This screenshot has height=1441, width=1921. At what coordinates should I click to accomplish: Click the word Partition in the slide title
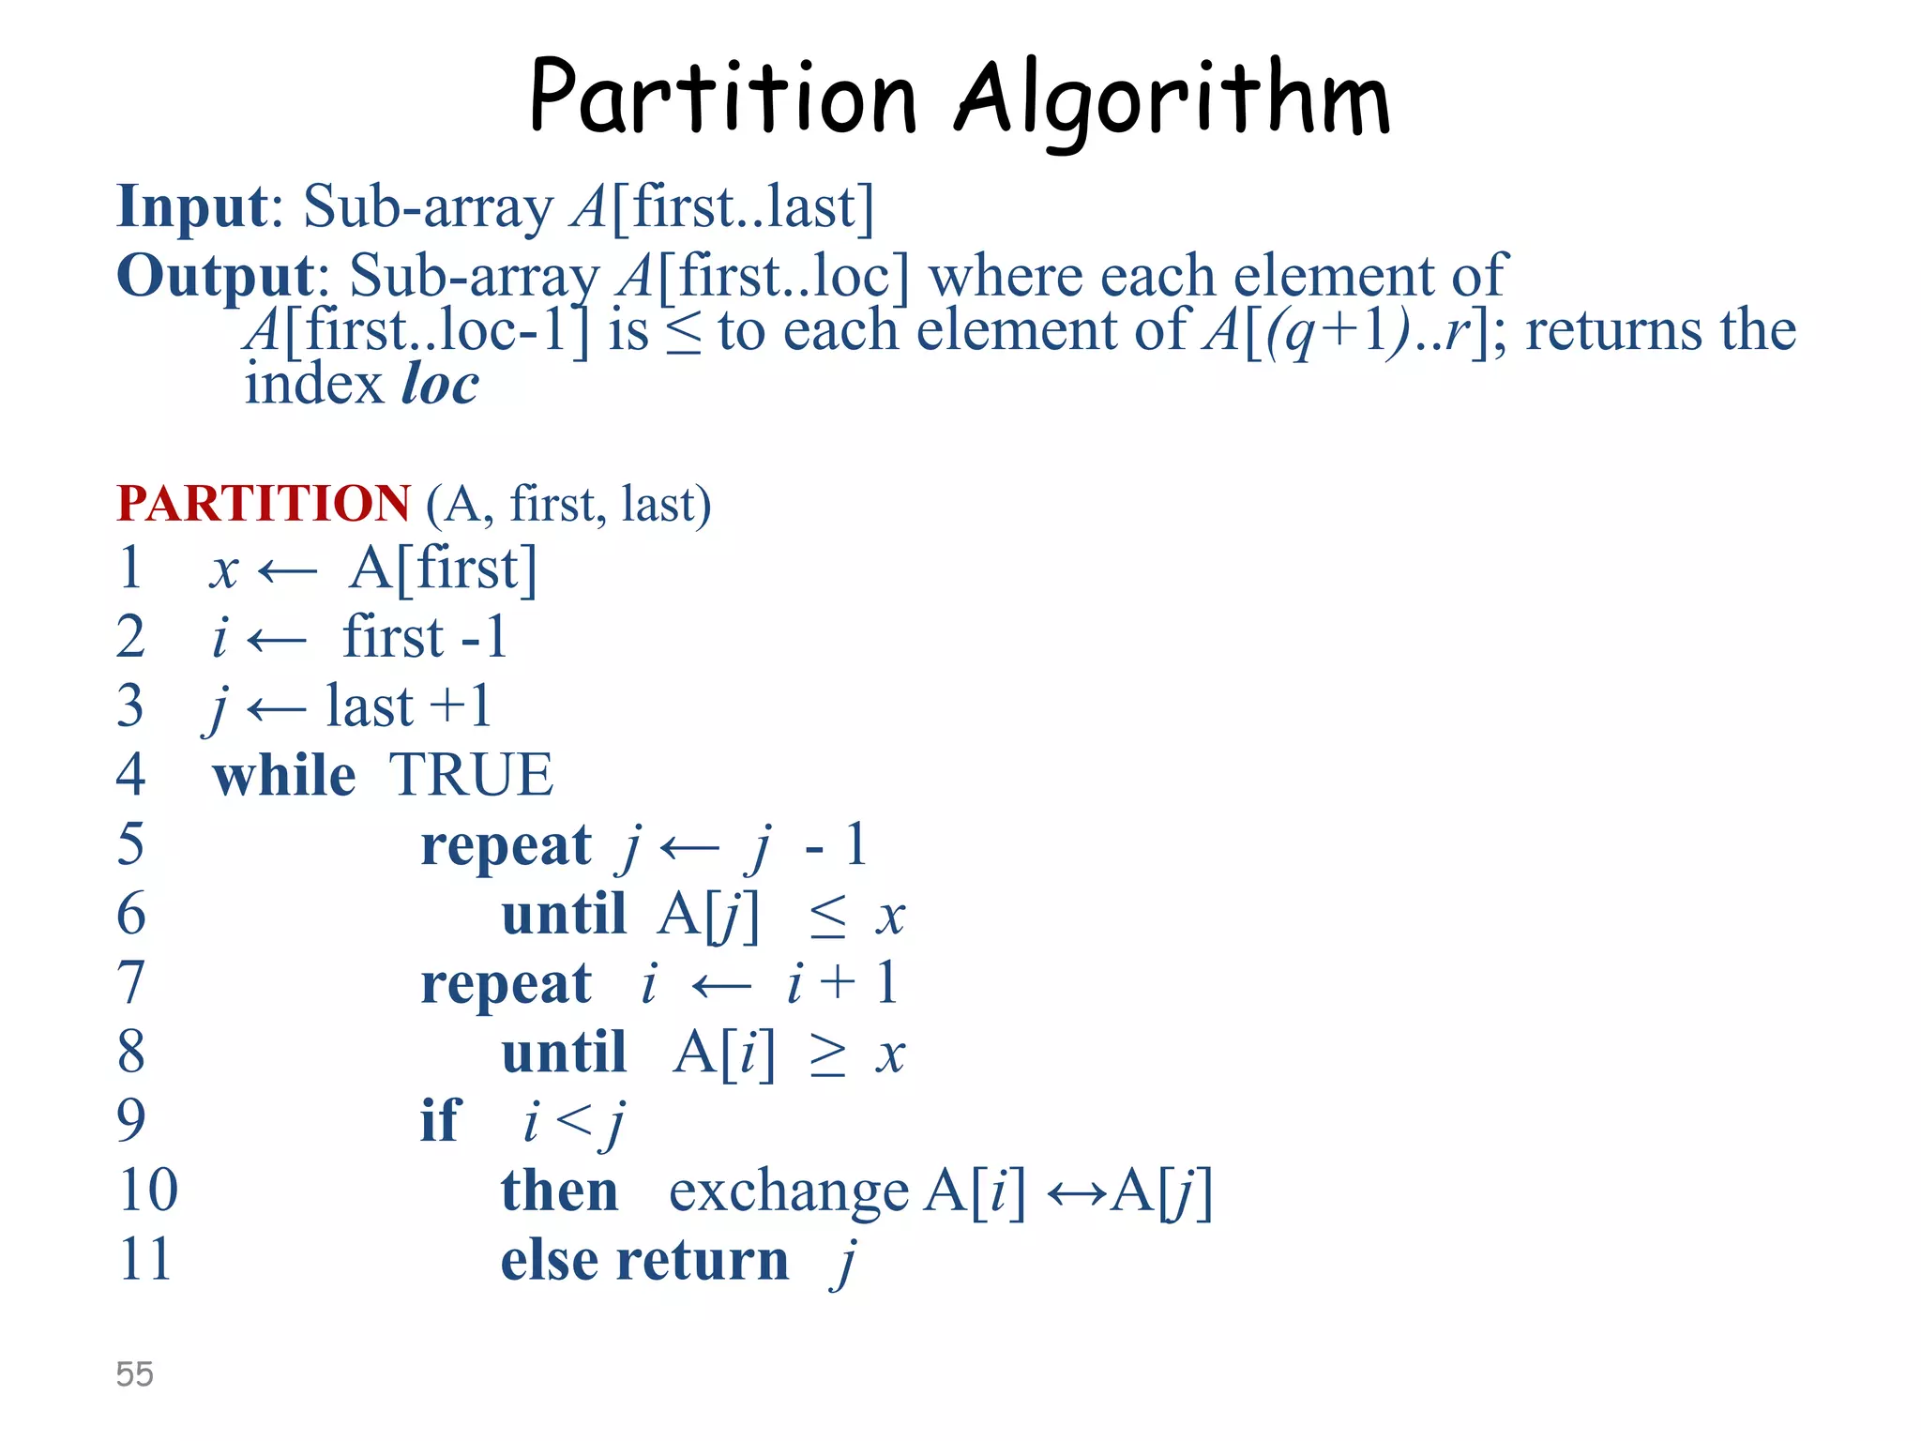click(722, 97)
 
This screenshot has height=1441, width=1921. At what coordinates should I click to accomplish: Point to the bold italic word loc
click(440, 384)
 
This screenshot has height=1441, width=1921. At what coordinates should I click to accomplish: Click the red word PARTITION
click(264, 504)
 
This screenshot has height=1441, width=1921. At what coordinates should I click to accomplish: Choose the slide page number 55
click(134, 1373)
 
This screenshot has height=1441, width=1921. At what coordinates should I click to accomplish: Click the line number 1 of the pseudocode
click(130, 568)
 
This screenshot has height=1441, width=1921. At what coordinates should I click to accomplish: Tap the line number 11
click(144, 1259)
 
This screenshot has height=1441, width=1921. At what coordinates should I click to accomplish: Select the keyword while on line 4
click(284, 776)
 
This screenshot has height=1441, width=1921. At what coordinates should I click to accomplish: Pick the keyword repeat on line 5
click(506, 846)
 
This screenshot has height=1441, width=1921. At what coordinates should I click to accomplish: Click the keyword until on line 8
click(564, 1053)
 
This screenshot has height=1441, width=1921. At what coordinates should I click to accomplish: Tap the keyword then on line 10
click(559, 1191)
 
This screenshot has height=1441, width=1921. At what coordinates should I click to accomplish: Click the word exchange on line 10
click(788, 1192)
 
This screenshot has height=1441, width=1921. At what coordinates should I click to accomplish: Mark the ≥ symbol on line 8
click(828, 1055)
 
